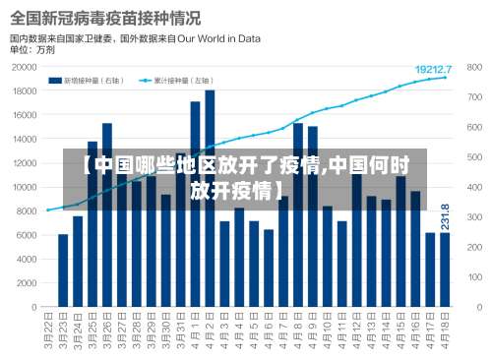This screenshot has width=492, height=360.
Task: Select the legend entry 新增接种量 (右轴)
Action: pyautogui.click(x=99, y=81)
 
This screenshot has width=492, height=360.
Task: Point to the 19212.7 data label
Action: pyautogui.click(x=433, y=70)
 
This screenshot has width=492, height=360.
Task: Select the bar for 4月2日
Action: pyautogui.click(x=210, y=197)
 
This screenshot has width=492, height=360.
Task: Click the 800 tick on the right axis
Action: pyautogui.click(x=474, y=68)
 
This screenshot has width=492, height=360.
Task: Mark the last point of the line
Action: pyautogui.click(x=445, y=78)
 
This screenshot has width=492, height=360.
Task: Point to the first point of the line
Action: pyautogui.click(x=48, y=210)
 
